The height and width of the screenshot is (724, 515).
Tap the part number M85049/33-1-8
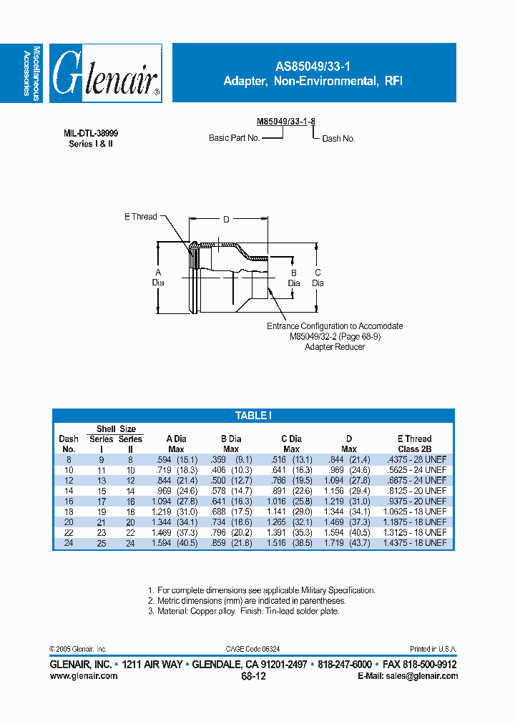coord(286,122)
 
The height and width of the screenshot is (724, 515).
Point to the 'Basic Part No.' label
coord(234,138)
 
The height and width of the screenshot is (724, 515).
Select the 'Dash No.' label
coord(338,139)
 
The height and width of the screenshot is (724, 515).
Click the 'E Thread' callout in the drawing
coord(140,217)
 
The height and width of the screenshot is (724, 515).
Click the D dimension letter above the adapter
coord(226,220)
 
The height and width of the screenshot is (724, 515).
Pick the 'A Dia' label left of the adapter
coord(158,278)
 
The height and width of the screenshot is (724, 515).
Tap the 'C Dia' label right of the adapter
coord(318,278)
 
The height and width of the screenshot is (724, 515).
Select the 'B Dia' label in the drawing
coord(293,278)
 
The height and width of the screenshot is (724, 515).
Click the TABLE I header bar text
coord(253,416)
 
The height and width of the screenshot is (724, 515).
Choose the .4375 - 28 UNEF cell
coord(414,459)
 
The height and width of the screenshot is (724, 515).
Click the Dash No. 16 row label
coord(68,502)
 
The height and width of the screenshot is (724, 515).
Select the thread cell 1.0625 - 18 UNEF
coord(414,512)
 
